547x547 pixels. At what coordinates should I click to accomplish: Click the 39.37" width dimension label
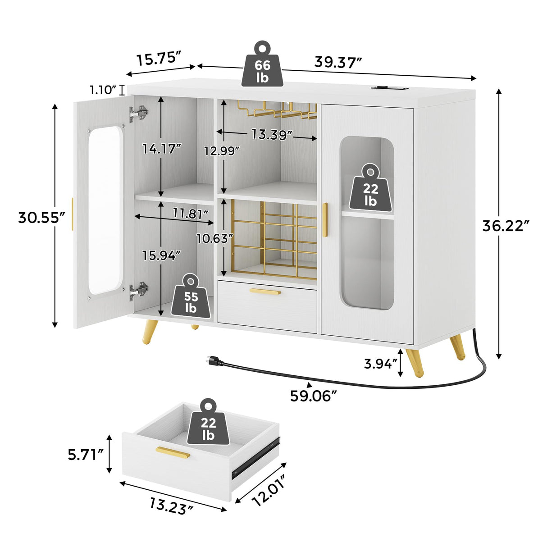click(x=338, y=62)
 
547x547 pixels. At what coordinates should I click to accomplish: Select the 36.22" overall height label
click(x=506, y=225)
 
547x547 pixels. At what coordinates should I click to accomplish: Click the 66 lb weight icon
click(x=263, y=65)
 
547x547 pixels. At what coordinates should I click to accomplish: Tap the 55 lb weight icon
click(x=191, y=297)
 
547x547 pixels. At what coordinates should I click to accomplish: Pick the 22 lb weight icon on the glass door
click(x=370, y=188)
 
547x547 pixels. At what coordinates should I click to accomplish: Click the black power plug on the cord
click(x=213, y=360)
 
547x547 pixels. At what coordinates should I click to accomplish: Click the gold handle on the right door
click(x=325, y=219)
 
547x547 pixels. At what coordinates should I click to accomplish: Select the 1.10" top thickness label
click(x=104, y=90)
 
